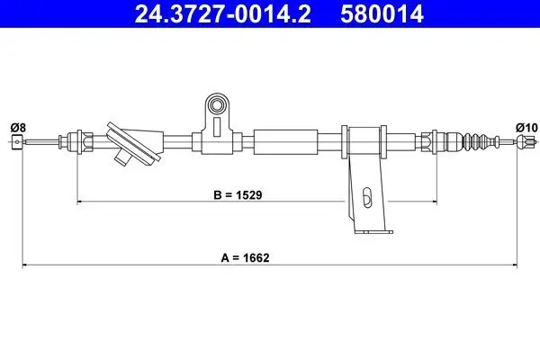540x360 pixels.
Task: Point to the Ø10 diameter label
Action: click(x=525, y=127)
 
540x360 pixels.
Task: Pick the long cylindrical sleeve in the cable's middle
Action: click(x=287, y=141)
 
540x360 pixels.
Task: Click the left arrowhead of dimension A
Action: click(x=25, y=265)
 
